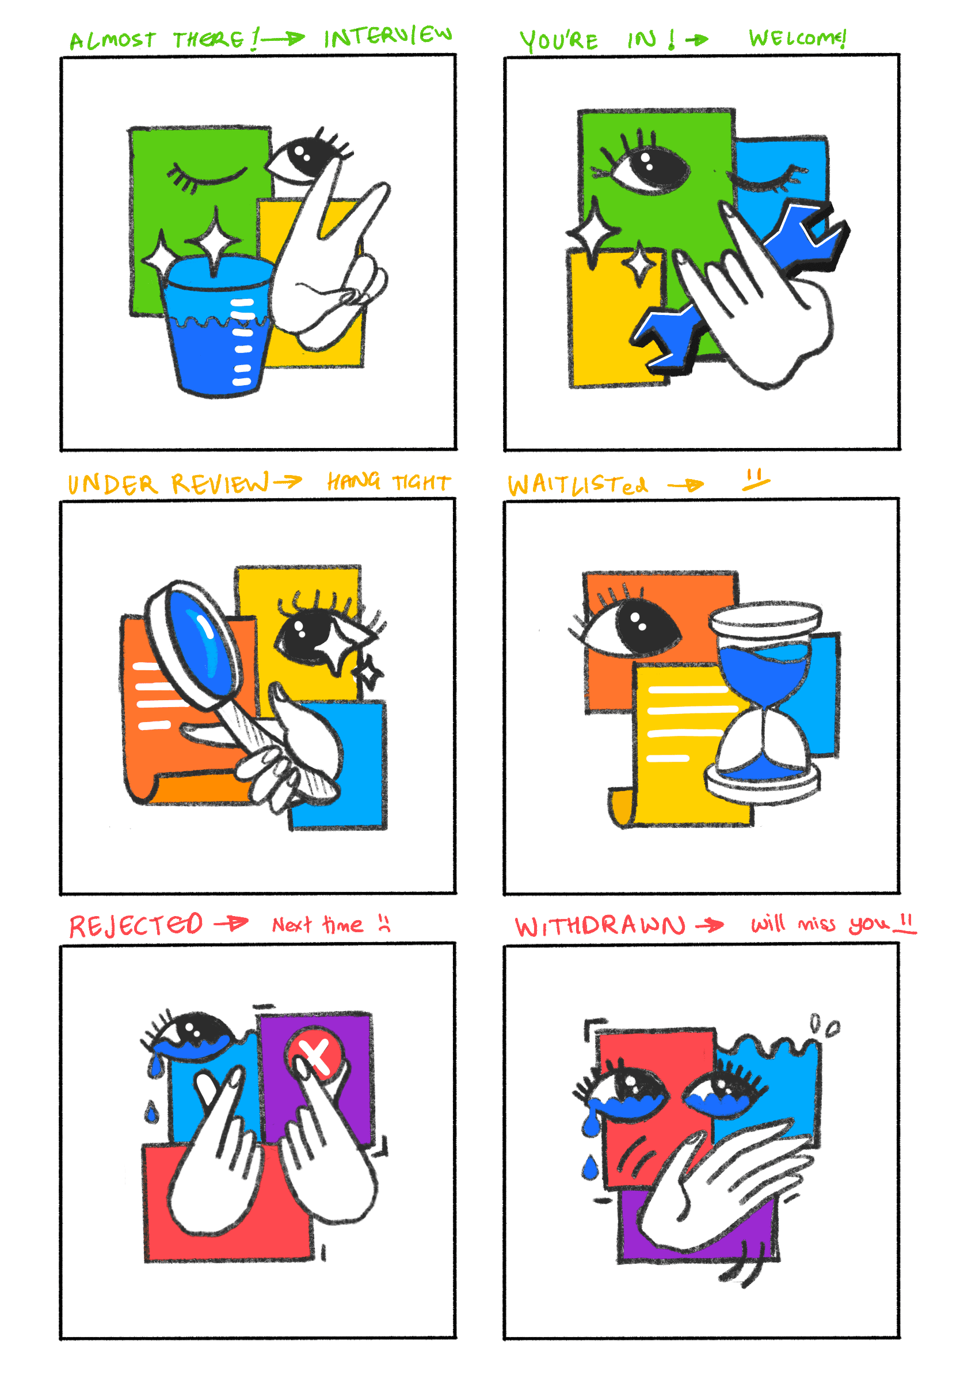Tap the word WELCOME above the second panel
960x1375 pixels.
[797, 38]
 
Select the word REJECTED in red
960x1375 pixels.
[136, 925]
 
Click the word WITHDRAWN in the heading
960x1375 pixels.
[600, 926]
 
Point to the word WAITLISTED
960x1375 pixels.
[578, 484]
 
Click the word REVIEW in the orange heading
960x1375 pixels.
[220, 483]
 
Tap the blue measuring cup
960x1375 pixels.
[216, 326]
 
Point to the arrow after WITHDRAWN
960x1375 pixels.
[709, 926]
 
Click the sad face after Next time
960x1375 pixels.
[384, 924]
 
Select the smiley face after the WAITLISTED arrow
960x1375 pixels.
[755, 480]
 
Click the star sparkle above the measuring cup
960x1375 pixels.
[214, 241]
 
